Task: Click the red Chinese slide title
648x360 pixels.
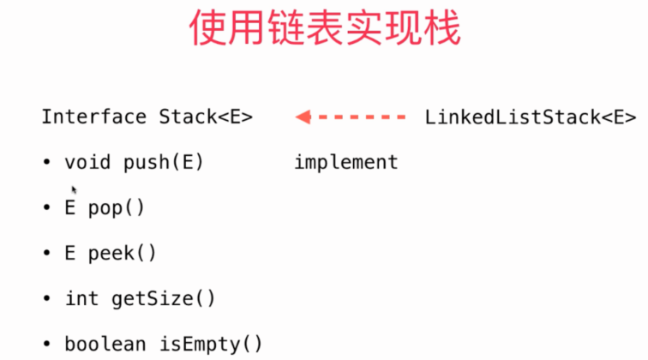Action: tap(324, 28)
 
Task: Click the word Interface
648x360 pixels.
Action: tap(93, 117)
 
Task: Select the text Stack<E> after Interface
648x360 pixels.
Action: tap(206, 117)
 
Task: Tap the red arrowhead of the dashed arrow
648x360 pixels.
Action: tap(303, 117)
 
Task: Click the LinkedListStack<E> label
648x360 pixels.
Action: tap(530, 117)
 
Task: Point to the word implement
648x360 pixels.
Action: tap(346, 162)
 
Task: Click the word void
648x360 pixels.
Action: tap(88, 162)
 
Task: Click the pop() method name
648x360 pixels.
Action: tap(117, 207)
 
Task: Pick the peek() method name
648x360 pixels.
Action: tap(123, 253)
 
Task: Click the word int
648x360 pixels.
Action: tap(81, 298)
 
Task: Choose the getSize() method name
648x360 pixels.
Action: tap(163, 298)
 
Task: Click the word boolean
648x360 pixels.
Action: tap(105, 344)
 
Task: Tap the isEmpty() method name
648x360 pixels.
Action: tap(211, 344)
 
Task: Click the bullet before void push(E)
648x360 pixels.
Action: tap(46, 162)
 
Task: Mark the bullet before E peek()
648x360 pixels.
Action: tap(46, 253)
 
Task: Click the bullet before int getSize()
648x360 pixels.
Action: tap(46, 298)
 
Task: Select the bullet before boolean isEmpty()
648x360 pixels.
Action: tap(46, 344)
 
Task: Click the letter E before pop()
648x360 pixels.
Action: tap(70, 207)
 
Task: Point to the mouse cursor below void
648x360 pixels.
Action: tap(75, 189)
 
